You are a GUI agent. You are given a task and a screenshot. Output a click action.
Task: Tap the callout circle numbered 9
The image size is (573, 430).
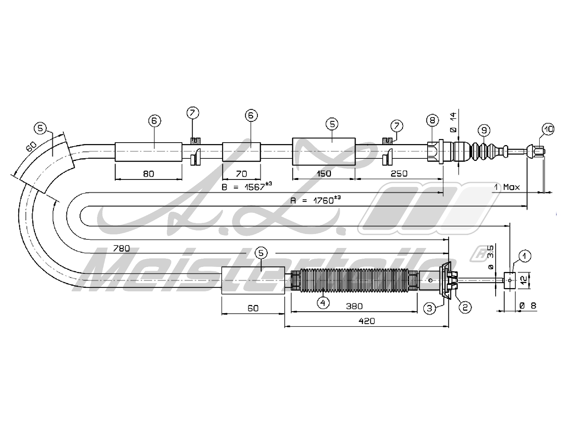(x=483, y=130)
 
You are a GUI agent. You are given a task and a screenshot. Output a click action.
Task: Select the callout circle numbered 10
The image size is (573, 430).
(x=548, y=129)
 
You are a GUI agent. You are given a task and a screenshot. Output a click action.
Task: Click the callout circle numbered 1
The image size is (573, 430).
(x=524, y=256)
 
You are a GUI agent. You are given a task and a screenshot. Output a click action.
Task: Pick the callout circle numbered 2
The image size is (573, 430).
(x=465, y=307)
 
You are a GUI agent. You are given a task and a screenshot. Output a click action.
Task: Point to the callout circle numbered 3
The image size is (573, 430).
(x=429, y=308)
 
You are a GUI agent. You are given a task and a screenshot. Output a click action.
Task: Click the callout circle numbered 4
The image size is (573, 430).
(x=323, y=303)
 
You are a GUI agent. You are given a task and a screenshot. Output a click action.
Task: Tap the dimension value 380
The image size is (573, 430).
(x=354, y=306)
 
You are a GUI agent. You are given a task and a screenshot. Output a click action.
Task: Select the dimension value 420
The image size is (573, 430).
(x=367, y=321)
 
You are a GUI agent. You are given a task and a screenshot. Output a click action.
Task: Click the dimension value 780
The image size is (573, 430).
(x=121, y=248)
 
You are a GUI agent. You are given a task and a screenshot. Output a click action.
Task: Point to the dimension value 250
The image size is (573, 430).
(x=399, y=173)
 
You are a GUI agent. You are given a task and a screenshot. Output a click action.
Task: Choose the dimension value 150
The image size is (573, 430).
(x=324, y=173)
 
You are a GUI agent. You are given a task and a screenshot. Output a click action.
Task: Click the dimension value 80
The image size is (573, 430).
(x=148, y=174)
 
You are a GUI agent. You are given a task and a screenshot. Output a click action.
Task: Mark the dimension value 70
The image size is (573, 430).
(x=242, y=174)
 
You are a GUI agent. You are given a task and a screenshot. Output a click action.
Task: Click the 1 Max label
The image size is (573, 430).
(x=507, y=187)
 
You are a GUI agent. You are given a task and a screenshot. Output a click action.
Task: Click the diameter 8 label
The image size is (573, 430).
(x=528, y=306)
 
